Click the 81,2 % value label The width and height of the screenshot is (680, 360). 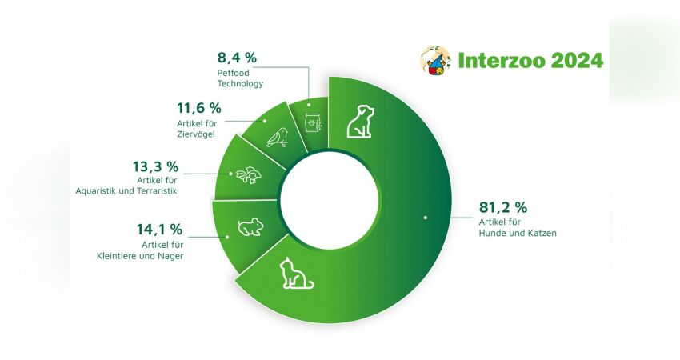502,208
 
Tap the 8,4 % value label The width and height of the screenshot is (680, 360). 237,58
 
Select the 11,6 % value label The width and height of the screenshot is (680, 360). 199,108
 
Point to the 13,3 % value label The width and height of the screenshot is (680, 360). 155,166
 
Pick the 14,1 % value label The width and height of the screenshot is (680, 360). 159,230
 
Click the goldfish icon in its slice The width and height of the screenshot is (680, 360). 249,174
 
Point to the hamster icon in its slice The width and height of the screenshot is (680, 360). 250,227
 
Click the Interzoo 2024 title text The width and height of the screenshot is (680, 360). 530,60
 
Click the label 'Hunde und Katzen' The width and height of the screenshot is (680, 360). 518,234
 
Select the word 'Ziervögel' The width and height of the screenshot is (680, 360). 195,134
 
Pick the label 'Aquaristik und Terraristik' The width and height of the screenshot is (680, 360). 126,191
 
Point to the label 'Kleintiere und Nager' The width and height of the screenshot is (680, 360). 140,256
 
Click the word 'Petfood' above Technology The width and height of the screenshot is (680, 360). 234,73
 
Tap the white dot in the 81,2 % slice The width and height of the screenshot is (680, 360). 426,218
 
